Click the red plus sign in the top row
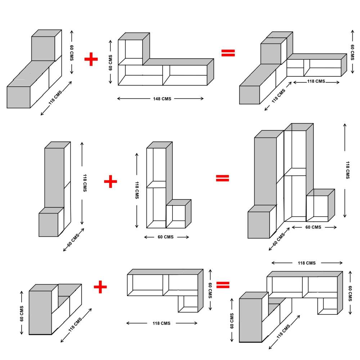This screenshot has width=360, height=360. click(91, 59)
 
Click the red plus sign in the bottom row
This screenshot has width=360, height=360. click(100, 287)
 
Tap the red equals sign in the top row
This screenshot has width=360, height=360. click(228, 53)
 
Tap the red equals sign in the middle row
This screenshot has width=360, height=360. click(222, 178)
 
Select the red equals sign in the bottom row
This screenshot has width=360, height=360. click(223, 285)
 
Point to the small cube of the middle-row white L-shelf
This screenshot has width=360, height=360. click(176, 217)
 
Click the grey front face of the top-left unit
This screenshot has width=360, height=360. click(18, 97)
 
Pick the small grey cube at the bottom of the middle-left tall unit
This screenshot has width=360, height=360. click(49, 225)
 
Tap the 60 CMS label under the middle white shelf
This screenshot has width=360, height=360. click(167, 237)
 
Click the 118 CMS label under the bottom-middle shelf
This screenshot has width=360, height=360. click(161, 323)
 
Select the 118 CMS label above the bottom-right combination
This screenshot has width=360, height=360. click(306, 263)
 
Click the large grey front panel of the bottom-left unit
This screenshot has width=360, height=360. click(40, 312)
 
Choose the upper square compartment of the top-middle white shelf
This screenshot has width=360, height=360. click(130, 52)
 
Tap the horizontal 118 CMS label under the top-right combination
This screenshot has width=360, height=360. click(316, 81)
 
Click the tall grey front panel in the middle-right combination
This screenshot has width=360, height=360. click(265, 171)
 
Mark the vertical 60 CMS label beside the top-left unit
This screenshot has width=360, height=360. click(72, 53)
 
